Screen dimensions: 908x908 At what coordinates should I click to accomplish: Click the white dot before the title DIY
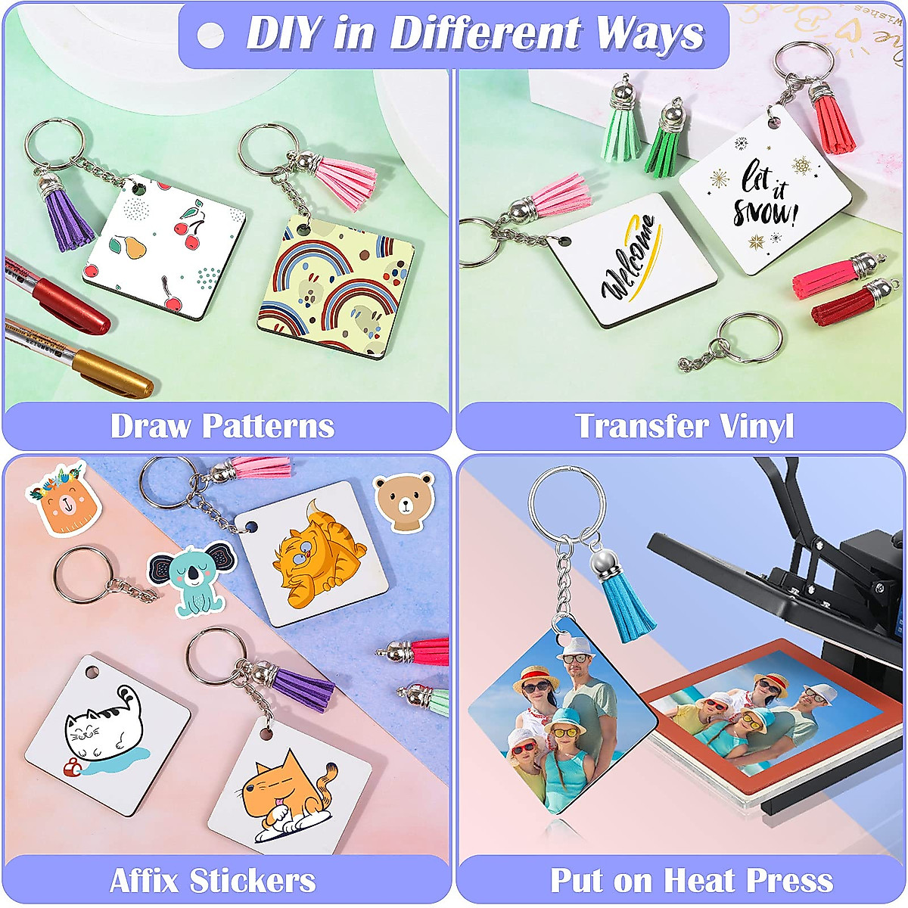(210, 35)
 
